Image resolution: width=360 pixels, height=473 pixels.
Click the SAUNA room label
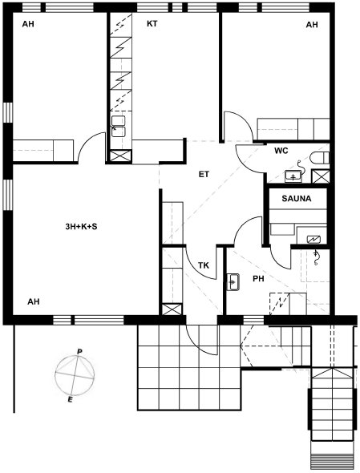click(297, 199)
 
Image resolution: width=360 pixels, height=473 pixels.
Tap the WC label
click(281, 151)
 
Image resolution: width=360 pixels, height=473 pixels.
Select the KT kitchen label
click(152, 24)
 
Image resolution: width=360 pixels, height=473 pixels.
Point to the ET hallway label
click(204, 174)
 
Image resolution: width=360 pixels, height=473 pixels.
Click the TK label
click(204, 265)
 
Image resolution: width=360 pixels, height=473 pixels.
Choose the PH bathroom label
click(258, 279)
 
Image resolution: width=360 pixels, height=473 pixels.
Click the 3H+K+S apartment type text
click(81, 227)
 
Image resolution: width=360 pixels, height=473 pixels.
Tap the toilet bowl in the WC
click(319, 159)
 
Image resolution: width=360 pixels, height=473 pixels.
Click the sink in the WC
click(293, 176)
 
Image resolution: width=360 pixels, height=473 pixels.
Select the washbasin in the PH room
click(233, 282)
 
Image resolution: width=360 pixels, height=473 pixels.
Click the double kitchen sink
click(119, 127)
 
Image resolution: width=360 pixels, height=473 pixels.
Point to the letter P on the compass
click(79, 352)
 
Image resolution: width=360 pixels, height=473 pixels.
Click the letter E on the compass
click(71, 400)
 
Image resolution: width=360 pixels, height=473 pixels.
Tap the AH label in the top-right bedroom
click(312, 24)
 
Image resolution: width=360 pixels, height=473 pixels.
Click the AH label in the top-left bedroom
click(28, 24)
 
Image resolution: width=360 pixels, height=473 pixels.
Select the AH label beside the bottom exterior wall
click(34, 301)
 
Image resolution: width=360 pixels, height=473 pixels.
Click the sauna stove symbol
click(313, 240)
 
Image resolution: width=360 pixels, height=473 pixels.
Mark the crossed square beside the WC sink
click(321, 176)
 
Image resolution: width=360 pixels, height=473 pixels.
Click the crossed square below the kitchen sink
click(121, 156)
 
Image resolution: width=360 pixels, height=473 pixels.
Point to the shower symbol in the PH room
click(316, 258)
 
